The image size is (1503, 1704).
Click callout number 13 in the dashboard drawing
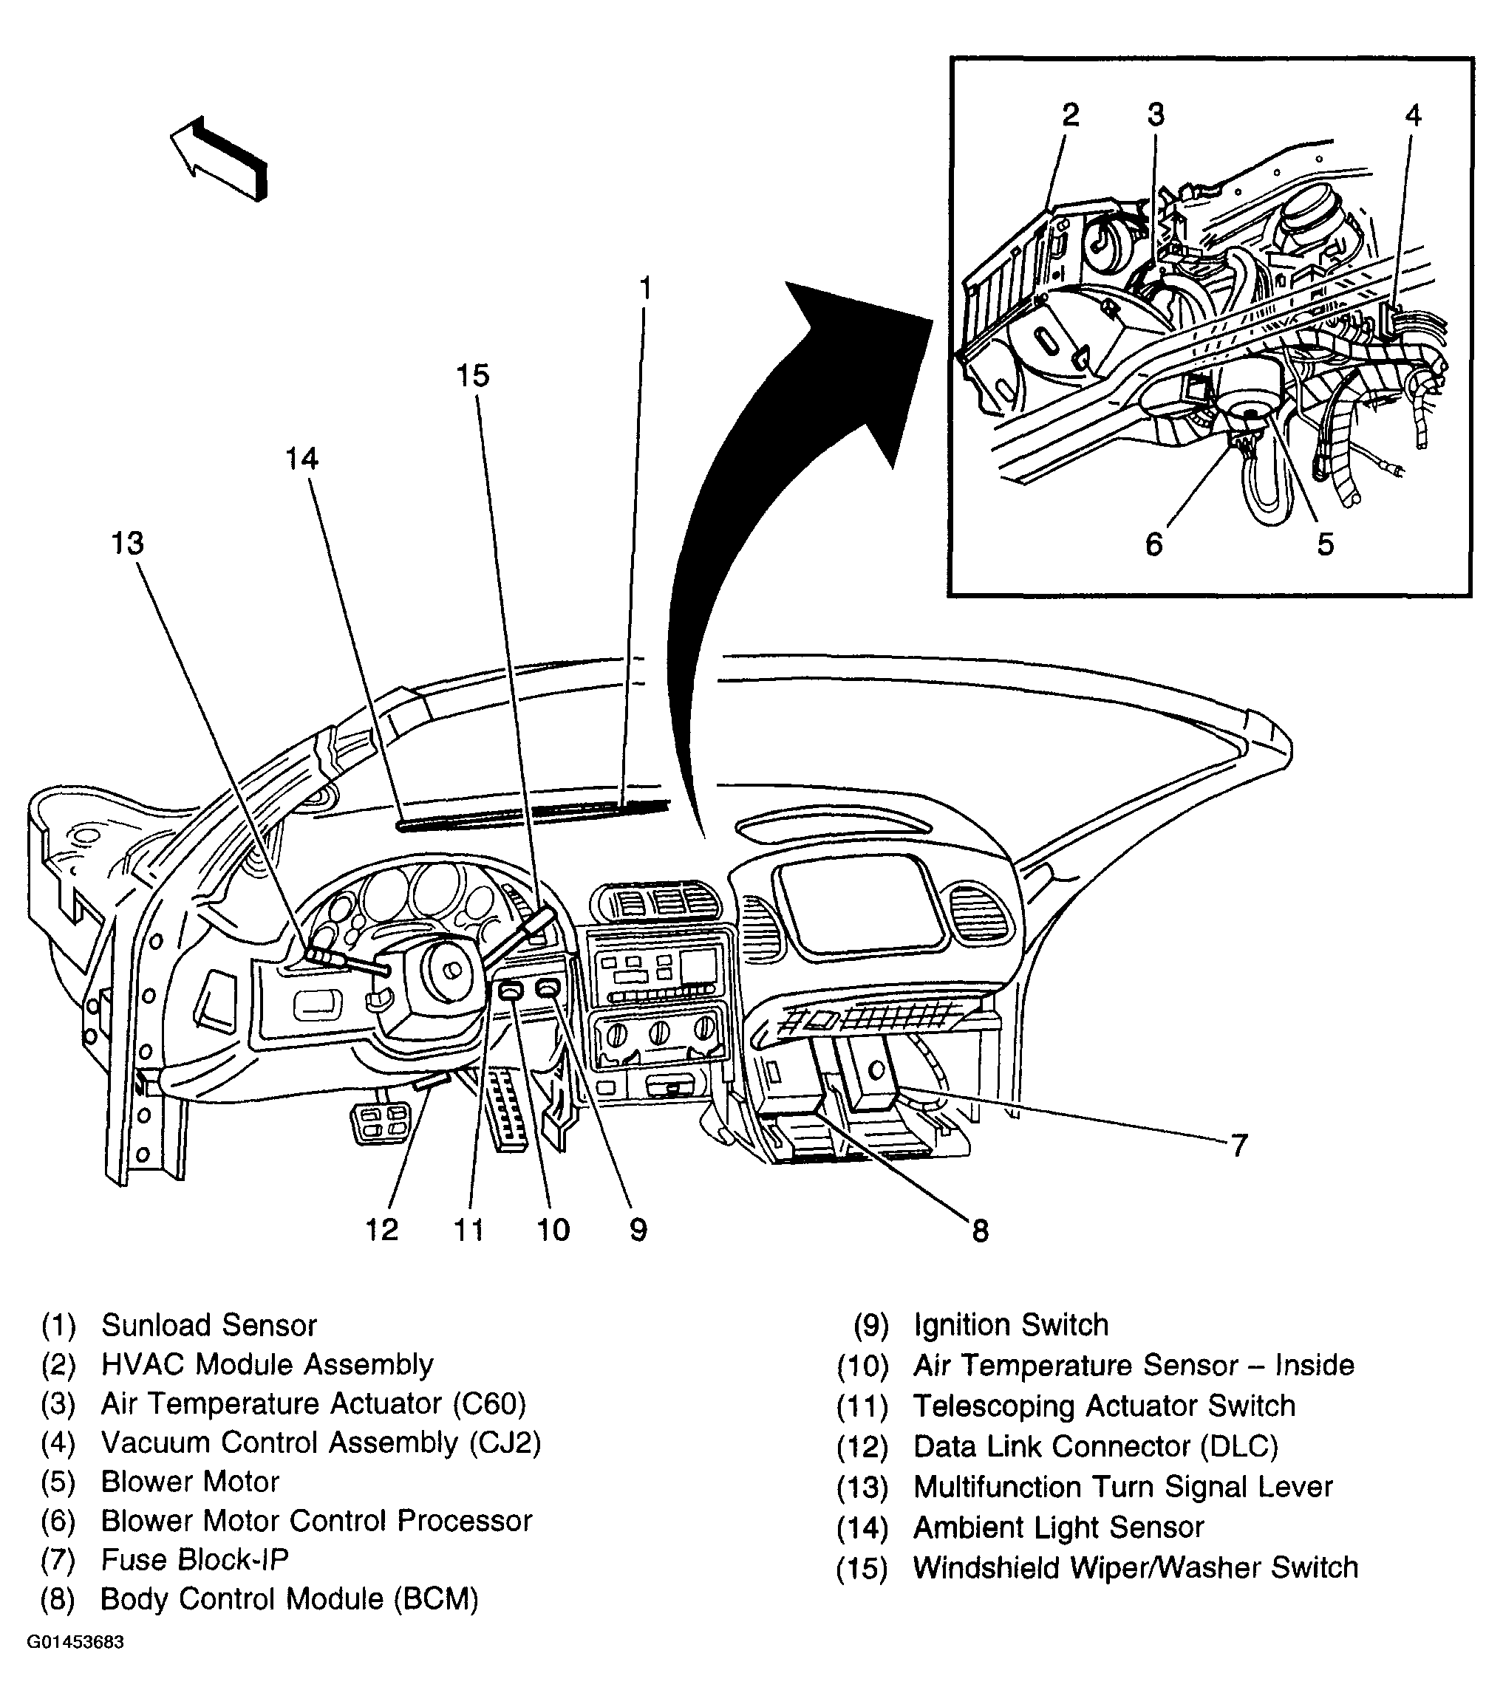click(x=128, y=544)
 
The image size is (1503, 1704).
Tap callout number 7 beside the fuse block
click(x=1239, y=1146)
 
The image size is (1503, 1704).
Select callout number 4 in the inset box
click(x=1413, y=115)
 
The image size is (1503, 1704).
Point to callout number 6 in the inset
click(x=1153, y=544)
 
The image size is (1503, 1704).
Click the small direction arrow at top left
click(x=219, y=158)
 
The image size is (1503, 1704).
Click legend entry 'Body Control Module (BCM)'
click(x=290, y=1599)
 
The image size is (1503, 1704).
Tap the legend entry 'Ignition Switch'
click(x=1011, y=1324)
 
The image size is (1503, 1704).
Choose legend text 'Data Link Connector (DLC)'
click(x=1095, y=1446)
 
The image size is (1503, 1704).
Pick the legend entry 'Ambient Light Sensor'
click(x=1058, y=1527)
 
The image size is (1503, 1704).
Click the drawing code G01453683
click(x=76, y=1642)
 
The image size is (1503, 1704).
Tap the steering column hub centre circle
click(x=451, y=971)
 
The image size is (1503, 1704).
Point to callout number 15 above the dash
click(x=473, y=376)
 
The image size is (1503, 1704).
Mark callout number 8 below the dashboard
click(x=980, y=1231)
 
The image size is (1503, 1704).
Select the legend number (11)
click(x=862, y=1406)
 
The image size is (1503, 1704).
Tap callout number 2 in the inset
click(x=1070, y=115)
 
